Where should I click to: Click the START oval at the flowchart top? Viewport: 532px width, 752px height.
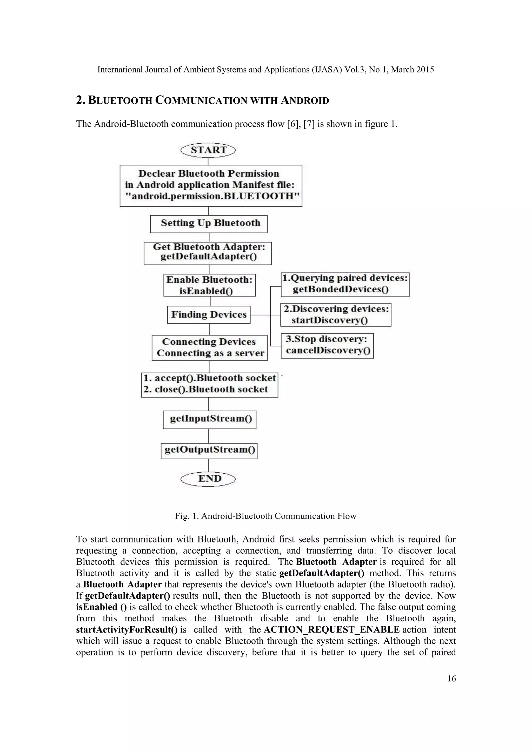click(208, 150)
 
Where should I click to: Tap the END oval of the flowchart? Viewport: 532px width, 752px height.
click(208, 479)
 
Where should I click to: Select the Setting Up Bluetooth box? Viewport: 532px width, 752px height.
click(209, 224)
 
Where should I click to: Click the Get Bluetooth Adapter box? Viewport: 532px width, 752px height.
click(208, 253)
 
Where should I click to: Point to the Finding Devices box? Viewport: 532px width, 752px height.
click(209, 315)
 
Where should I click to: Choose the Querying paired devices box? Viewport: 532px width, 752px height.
click(345, 285)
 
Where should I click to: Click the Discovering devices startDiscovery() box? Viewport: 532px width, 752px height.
click(336, 315)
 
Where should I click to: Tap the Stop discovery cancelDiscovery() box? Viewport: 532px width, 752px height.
click(327, 346)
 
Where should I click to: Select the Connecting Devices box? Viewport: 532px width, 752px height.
click(210, 347)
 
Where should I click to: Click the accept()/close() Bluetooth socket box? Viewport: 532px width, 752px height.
click(210, 385)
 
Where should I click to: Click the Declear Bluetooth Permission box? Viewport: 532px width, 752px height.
click(211, 185)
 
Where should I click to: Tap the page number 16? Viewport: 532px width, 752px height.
click(451, 678)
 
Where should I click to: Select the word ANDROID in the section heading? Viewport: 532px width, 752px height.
click(305, 100)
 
